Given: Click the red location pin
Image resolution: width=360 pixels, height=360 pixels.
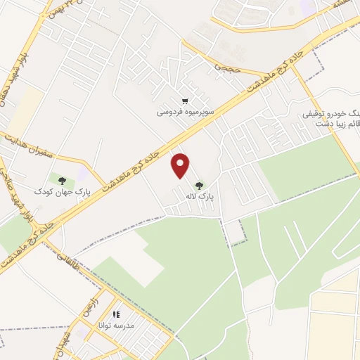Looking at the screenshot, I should pyautogui.click(x=181, y=165).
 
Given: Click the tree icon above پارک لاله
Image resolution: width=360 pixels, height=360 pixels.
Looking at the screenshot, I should pyautogui.click(x=200, y=186).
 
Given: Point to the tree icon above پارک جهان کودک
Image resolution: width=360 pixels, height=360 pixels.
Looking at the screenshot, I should pyautogui.click(x=63, y=180).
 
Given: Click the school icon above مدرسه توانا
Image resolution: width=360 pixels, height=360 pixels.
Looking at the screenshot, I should pyautogui.click(x=116, y=314).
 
